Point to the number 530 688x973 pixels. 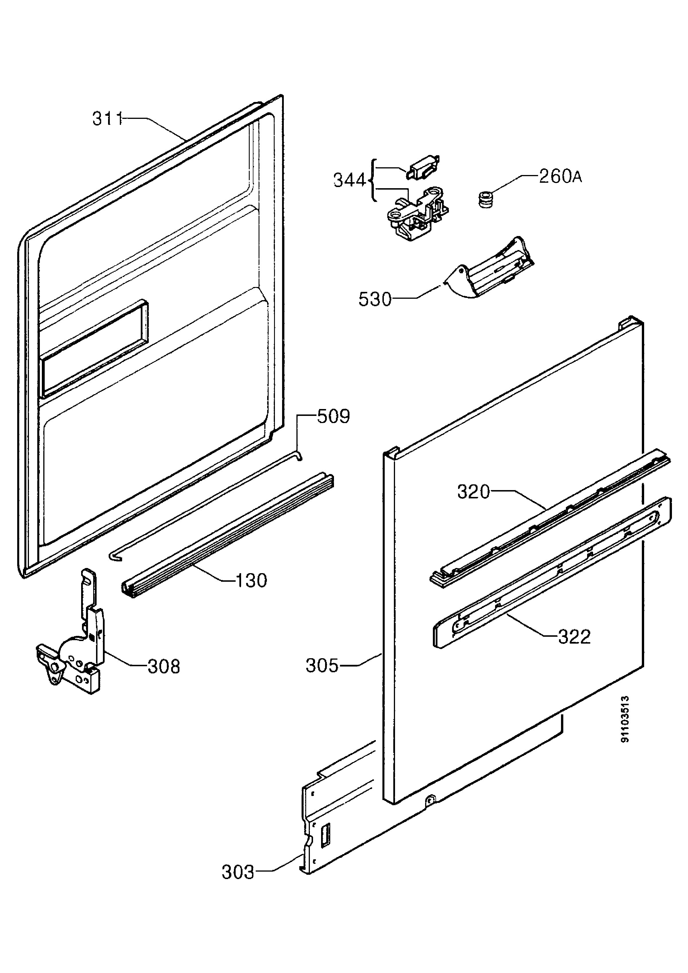tap(375, 300)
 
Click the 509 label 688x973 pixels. tap(334, 416)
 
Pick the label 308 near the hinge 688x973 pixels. tap(164, 667)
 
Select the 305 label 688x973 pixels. tap(322, 666)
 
